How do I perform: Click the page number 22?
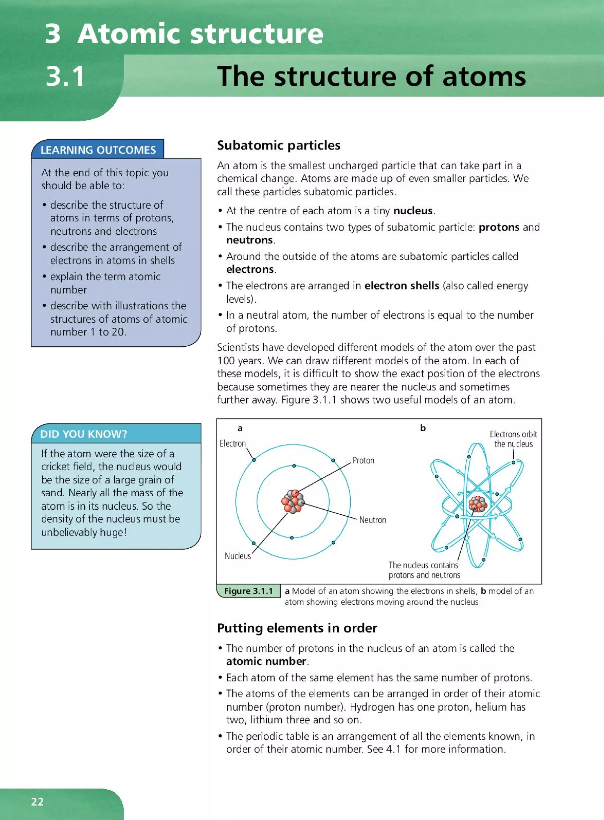[37, 801]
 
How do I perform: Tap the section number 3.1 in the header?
[65, 77]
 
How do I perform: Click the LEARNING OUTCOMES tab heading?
[98, 150]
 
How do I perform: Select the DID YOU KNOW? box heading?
[83, 434]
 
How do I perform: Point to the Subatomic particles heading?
[279, 145]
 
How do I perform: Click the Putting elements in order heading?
[297, 628]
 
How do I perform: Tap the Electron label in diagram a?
[232, 443]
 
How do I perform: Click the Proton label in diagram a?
[363, 460]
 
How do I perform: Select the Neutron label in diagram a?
[372, 520]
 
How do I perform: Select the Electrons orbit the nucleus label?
[513, 439]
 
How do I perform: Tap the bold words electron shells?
[402, 286]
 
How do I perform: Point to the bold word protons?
[499, 227]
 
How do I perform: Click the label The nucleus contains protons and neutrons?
[424, 570]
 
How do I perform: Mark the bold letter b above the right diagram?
[423, 428]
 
